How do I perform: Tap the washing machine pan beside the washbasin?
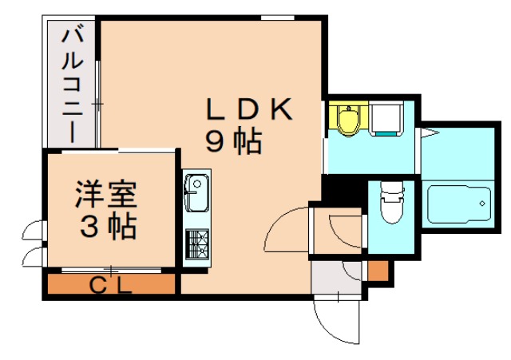[388, 121]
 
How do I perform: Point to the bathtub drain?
[483, 206]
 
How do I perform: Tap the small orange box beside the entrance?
[378, 271]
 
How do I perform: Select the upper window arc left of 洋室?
[33, 231]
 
